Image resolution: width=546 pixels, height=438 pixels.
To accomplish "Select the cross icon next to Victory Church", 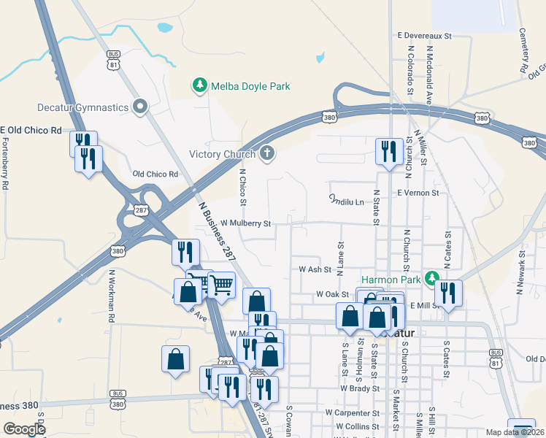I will (x=268, y=153).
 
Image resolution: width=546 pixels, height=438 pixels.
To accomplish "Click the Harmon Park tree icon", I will (x=431, y=279).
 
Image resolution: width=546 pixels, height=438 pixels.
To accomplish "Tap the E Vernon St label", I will (x=418, y=193).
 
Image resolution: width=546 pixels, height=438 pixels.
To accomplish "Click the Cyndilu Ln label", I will (x=346, y=199).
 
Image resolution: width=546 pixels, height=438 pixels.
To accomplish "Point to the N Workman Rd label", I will (x=112, y=296).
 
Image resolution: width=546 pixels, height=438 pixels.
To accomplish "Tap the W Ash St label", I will (x=315, y=269).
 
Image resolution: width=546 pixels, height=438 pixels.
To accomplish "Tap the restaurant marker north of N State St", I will (x=387, y=152).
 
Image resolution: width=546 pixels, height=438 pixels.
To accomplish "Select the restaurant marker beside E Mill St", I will (x=448, y=293).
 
